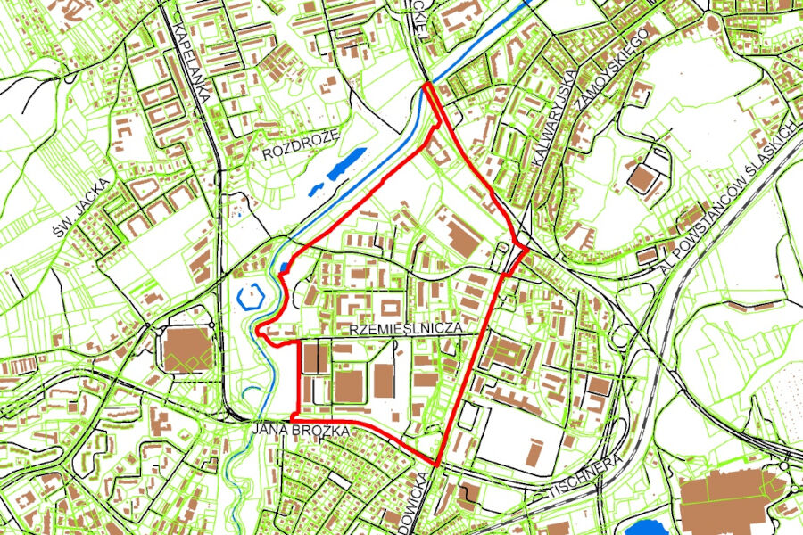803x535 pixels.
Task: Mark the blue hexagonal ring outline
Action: (x=252, y=294)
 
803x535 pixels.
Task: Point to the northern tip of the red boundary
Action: (x=427, y=84)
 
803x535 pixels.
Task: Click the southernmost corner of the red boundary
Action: (x=437, y=465)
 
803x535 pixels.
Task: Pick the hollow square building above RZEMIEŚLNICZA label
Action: (x=390, y=309)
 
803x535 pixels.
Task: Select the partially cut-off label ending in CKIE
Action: (x=419, y=18)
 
